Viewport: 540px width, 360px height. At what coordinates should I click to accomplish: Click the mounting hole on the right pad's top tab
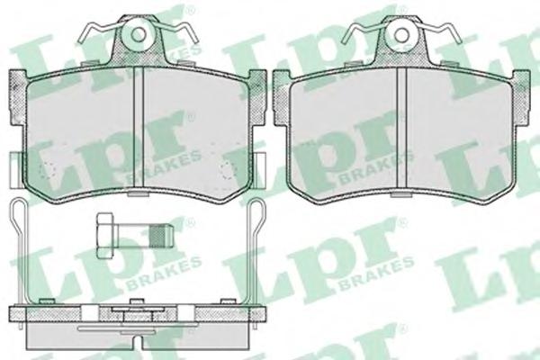(x=401, y=34)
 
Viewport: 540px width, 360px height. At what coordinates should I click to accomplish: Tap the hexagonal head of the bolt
(x=105, y=236)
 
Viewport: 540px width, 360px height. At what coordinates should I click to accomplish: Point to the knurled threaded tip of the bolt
(x=161, y=236)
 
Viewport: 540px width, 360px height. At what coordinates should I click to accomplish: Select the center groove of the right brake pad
(x=402, y=130)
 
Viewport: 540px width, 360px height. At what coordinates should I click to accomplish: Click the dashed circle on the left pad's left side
(x=48, y=170)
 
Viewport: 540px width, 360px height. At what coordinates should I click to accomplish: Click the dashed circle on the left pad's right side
(x=229, y=170)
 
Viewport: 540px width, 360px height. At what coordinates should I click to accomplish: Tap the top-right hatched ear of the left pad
(x=257, y=96)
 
